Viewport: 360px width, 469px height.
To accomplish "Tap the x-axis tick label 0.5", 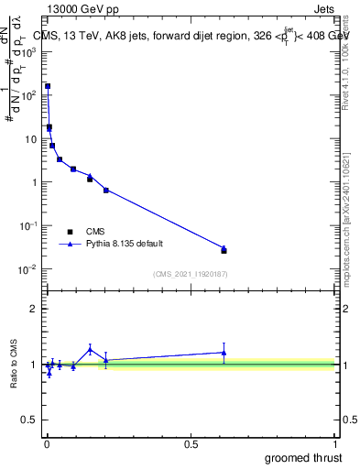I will [x=191, y=444].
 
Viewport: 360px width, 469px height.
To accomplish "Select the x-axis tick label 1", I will [x=336, y=444].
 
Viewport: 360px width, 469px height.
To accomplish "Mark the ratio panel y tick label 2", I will [x=34, y=309].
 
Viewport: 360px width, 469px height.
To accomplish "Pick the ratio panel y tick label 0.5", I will [x=29, y=420].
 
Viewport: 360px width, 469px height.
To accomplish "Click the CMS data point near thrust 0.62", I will [x=224, y=250].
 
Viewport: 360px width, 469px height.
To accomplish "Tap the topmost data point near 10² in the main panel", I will [x=48, y=86].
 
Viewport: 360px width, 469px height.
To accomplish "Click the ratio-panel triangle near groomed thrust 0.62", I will [x=224, y=353].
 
